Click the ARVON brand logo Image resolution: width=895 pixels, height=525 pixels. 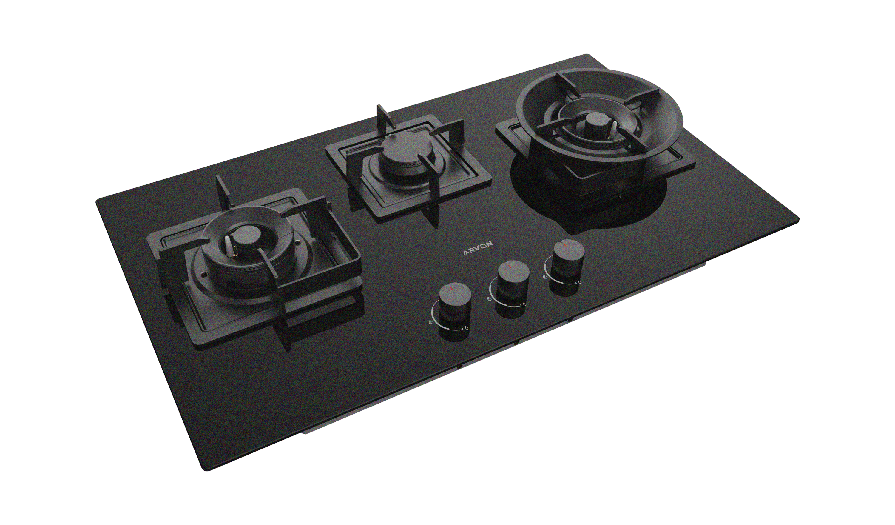478,252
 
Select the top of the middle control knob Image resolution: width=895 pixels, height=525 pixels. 513,272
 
